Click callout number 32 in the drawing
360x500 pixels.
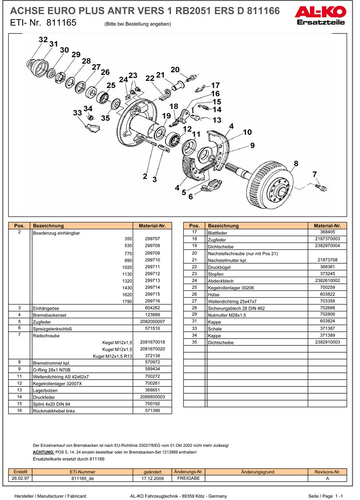point(43,40)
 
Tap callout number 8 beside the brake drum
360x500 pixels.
point(296,163)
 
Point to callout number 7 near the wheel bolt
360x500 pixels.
point(315,174)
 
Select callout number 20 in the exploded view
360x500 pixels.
point(175,70)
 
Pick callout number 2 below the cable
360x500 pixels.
point(145,176)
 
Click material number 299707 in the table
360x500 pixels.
point(152,239)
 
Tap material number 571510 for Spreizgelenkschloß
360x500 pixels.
point(152,328)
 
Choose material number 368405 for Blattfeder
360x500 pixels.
point(327,232)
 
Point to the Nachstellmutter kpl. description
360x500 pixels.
point(227,260)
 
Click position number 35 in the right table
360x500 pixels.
point(194,342)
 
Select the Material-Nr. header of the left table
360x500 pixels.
point(152,226)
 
